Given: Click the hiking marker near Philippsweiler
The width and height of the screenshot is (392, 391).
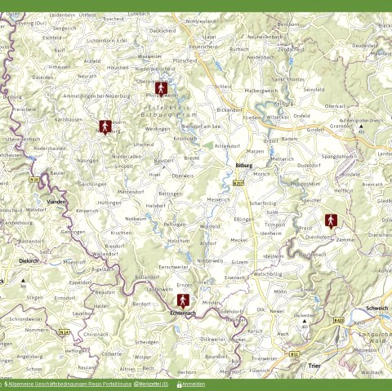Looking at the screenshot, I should pyautogui.click(x=163, y=87).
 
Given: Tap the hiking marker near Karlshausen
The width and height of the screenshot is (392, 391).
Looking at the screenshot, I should pyautogui.click(x=105, y=127).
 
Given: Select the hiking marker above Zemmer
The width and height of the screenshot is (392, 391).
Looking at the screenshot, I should pyautogui.click(x=331, y=220).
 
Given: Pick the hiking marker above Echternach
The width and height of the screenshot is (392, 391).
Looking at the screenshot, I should pyautogui.click(x=183, y=300).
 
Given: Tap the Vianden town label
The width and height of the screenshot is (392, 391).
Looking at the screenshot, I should pyautogui.click(x=56, y=201).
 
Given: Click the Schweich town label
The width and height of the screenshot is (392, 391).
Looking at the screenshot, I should pyautogui.click(x=377, y=308).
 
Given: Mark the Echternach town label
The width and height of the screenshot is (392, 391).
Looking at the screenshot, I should pyautogui.click(x=183, y=313).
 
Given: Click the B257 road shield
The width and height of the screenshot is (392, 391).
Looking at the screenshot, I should pyautogui.click(x=238, y=184).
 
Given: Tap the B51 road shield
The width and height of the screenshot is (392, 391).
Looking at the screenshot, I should pyautogui.click(x=294, y=354).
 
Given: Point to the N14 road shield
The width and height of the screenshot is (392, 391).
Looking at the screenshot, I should pyautogui.click(x=64, y=332).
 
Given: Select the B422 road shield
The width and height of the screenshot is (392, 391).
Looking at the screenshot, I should pyautogui.click(x=338, y=321).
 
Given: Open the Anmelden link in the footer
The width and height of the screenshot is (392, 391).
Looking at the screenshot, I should pyautogui.click(x=194, y=384).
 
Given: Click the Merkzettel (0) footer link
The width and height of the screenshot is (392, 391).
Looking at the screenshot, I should pyautogui.click(x=153, y=384).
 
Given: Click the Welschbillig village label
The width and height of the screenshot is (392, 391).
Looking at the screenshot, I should pyautogui.click(x=267, y=274).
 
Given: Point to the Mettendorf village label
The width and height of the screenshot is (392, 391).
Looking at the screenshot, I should pyautogui.click(x=130, y=191).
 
